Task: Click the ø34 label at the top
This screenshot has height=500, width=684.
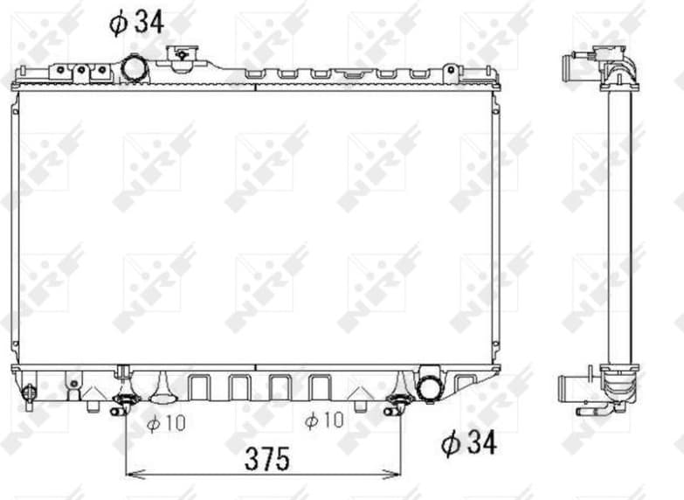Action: point(138,22)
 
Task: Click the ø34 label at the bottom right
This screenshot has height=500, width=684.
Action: point(467,443)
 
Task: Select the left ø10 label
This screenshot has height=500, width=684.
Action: point(166,423)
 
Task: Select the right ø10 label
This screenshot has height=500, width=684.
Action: point(323,421)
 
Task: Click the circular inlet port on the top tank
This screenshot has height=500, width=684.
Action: point(134,66)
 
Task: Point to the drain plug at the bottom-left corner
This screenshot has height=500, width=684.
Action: point(29,396)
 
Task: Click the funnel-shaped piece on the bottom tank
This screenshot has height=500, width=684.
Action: point(162,385)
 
